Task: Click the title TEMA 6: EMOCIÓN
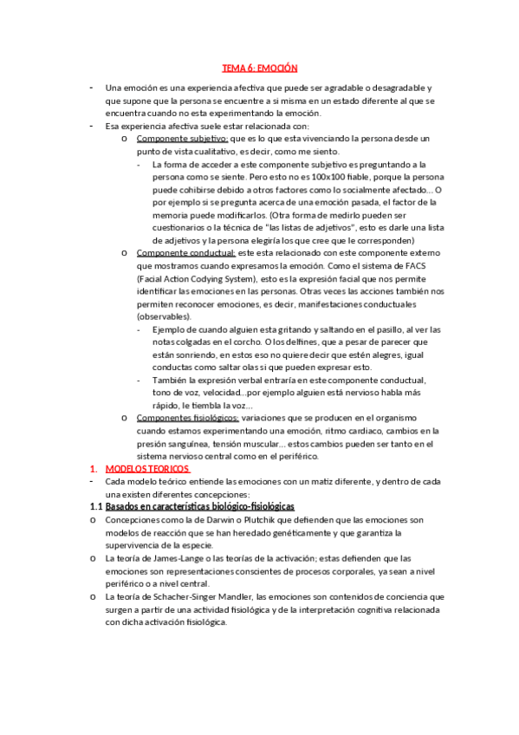(260, 68)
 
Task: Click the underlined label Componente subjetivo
(182, 139)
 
